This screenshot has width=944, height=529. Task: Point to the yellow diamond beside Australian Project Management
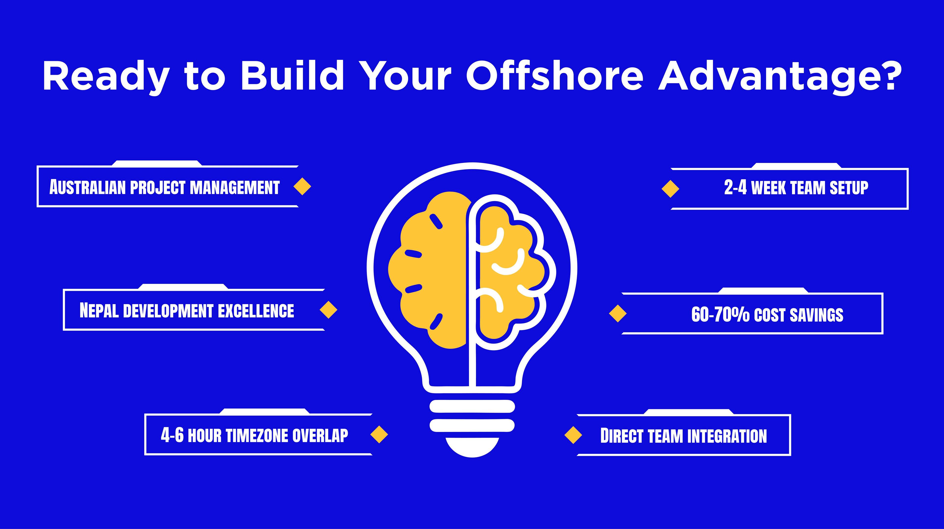click(302, 187)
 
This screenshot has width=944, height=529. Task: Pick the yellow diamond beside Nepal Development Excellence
click(328, 310)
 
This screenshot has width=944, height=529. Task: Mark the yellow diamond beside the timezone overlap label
click(379, 435)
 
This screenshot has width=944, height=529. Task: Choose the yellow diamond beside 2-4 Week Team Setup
click(670, 189)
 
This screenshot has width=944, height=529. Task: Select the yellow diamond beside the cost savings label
click(618, 314)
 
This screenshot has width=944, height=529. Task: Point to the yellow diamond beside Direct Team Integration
click(573, 435)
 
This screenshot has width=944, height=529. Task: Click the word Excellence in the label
click(256, 311)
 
